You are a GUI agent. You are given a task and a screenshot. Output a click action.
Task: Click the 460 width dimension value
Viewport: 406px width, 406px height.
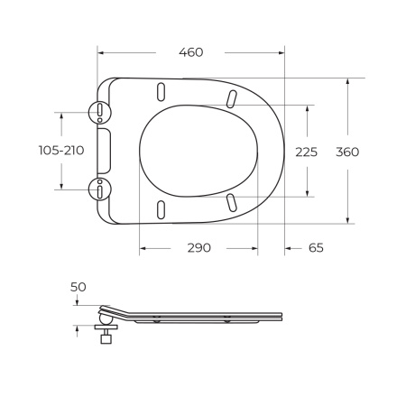[x=190, y=51]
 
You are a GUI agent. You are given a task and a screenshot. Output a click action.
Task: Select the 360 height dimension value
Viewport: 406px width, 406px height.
[x=347, y=152]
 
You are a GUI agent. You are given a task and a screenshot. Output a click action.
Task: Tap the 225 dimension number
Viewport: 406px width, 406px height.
[x=307, y=152]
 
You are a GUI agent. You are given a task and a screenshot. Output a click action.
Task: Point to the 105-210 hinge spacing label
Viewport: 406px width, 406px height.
[x=62, y=151]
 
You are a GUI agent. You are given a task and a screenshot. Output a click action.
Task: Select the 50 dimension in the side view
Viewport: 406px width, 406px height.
[x=78, y=286]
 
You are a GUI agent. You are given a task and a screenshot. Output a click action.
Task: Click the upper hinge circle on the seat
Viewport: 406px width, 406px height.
[x=98, y=113]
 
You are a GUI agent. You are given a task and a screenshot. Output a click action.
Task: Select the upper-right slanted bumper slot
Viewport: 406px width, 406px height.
[x=231, y=98]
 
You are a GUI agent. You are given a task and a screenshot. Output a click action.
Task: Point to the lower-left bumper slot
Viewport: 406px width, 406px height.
[x=161, y=208]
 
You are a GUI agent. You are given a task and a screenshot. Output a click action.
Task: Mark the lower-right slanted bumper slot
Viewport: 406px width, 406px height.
[x=231, y=202]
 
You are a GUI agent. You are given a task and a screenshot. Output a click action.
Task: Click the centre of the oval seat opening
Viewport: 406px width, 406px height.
[x=198, y=151]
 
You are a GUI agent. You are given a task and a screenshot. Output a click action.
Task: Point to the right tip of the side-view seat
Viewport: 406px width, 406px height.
[x=282, y=315]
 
